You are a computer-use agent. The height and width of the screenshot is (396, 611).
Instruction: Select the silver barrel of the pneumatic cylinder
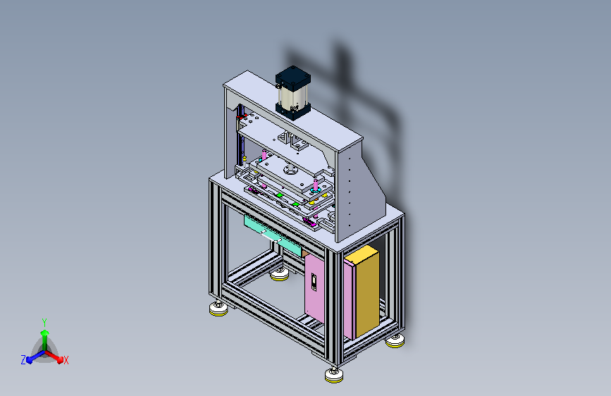tap(292, 97)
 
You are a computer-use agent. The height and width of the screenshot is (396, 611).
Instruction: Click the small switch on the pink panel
tap(314, 282)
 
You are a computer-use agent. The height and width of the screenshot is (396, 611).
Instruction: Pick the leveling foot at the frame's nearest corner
tap(334, 376)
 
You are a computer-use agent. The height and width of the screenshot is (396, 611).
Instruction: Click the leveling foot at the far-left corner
tap(218, 309)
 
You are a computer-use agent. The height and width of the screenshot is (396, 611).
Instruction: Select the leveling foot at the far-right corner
tap(395, 341)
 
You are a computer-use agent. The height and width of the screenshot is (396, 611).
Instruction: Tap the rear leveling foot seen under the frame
tap(280, 274)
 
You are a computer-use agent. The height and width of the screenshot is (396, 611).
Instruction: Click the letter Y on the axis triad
tap(44, 323)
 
